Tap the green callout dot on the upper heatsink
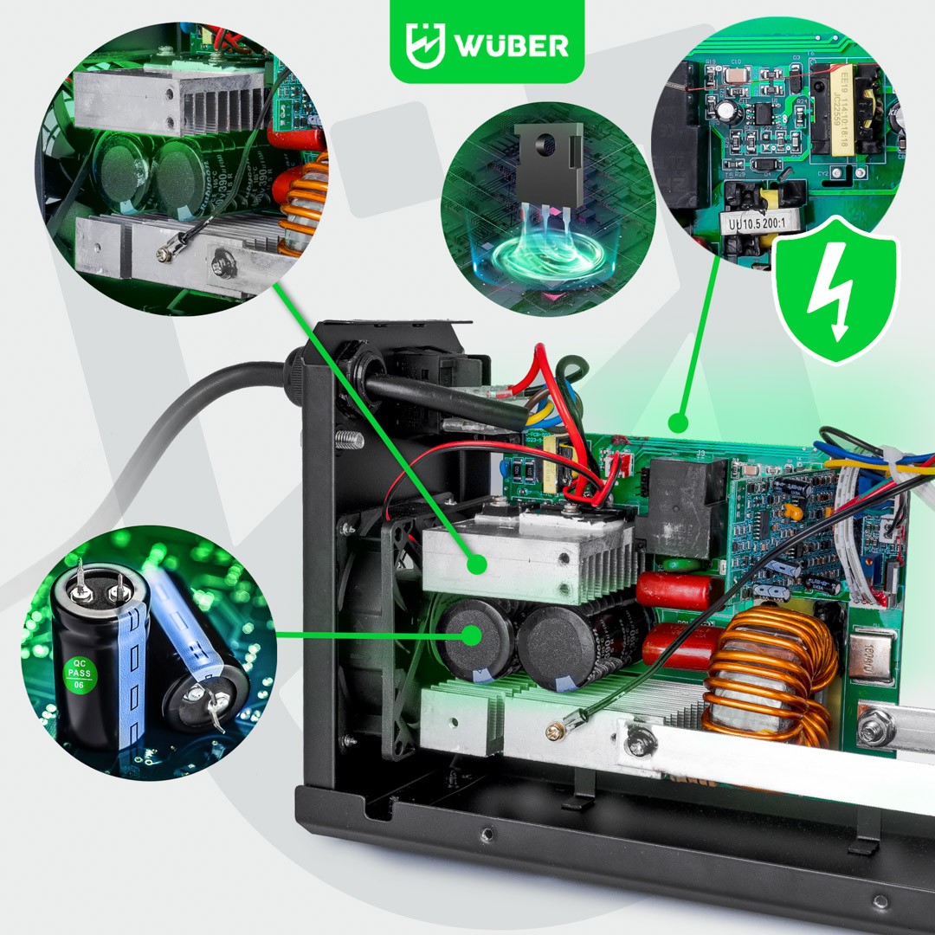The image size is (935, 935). point(474,565)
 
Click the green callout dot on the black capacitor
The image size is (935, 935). point(472,635)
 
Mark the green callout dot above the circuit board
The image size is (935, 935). point(679,423)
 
